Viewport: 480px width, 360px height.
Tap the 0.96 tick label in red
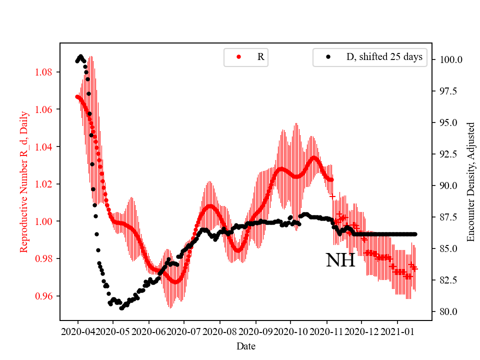[46, 296]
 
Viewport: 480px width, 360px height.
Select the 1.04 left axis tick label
[46, 146]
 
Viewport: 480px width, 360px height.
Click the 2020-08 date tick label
[220, 331]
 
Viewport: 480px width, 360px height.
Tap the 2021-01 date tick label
[397, 331]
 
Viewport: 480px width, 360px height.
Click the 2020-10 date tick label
[291, 331]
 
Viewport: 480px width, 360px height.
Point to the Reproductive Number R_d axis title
[24, 182]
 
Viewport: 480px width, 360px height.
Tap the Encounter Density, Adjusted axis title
[470, 182]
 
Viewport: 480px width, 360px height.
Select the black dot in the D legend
[328, 57]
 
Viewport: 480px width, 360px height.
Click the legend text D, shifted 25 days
[384, 57]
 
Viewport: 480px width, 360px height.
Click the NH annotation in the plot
[340, 260]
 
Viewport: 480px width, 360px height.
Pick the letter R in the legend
[260, 57]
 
